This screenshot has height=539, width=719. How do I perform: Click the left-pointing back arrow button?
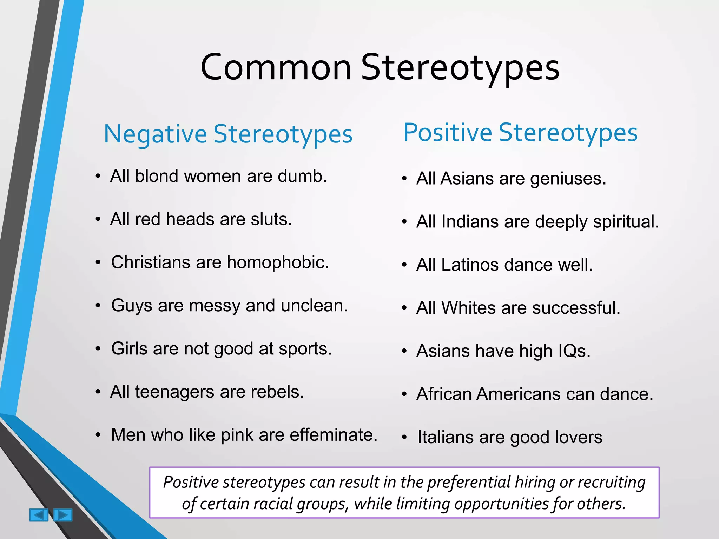tap(39, 515)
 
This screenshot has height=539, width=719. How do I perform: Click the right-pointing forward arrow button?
tap(63, 515)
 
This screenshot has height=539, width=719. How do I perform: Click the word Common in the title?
tap(276, 67)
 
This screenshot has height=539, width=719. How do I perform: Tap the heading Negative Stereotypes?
tap(228, 134)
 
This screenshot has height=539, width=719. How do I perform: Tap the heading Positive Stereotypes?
tap(520, 133)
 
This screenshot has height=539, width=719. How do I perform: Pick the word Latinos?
tap(470, 265)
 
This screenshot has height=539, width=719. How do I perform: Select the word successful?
tap(576, 308)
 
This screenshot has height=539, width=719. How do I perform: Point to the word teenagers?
tap(174, 392)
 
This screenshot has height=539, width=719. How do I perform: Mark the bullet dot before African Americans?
tap(404, 394)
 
